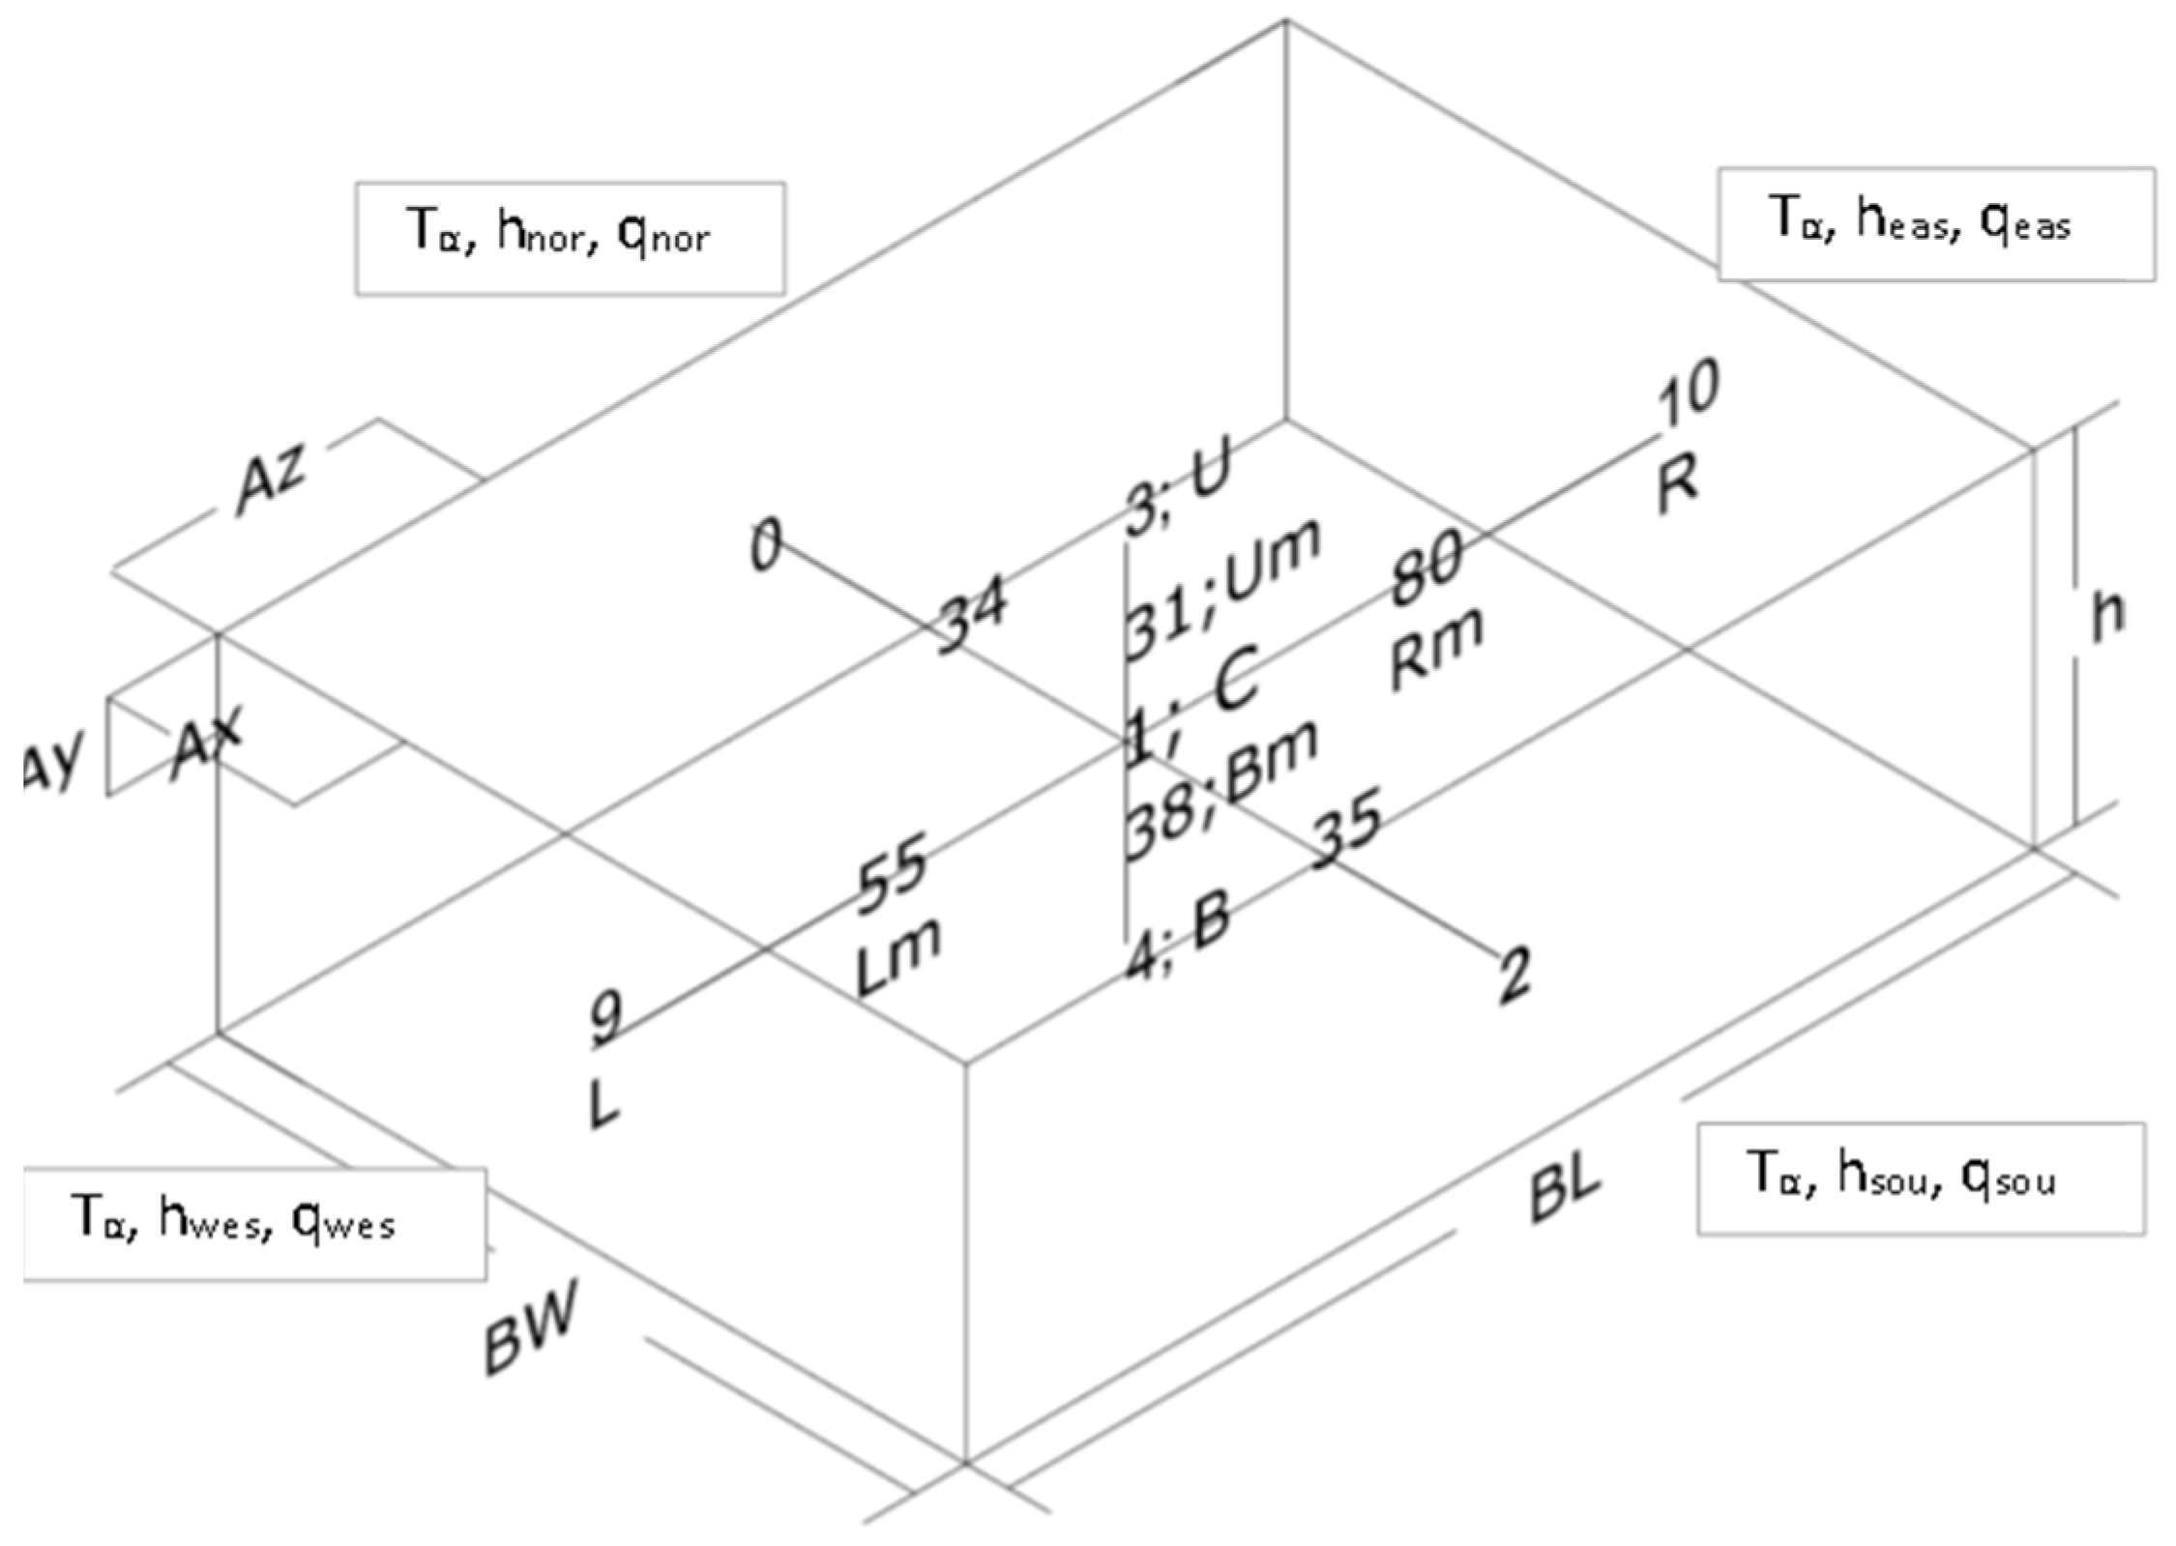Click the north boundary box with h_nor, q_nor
(570, 238)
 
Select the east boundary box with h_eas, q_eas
(1935, 223)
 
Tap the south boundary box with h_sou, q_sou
(1921, 1179)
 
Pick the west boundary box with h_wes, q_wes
(253, 1224)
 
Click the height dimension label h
(2108, 615)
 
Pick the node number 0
(766, 546)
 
